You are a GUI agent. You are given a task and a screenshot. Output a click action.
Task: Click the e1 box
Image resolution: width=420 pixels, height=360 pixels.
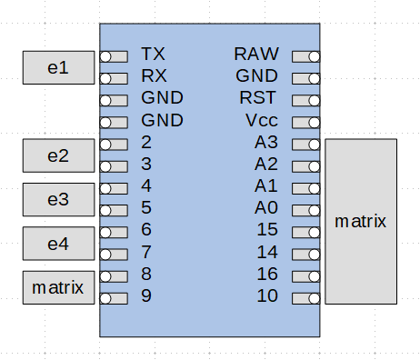57,67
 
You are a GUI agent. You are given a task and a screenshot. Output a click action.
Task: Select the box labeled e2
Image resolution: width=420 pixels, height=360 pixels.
57,155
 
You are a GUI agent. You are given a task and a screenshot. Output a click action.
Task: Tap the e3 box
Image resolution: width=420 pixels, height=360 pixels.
57,199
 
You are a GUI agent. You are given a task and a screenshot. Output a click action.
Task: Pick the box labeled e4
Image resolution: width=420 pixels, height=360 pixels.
57,243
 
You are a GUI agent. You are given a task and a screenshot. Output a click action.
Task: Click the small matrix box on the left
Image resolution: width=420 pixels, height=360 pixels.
57,287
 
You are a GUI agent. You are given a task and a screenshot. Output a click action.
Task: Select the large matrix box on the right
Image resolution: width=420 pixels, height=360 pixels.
361,221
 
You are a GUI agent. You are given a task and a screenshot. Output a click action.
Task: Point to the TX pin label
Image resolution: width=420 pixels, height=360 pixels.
154,55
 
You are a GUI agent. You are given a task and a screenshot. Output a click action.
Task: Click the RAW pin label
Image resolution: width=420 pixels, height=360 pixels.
256,55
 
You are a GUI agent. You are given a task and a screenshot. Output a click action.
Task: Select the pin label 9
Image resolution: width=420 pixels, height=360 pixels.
146,295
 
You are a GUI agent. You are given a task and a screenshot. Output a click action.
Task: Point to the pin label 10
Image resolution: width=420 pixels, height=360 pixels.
266,295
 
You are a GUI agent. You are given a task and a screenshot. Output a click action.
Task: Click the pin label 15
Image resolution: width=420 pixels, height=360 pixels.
266,230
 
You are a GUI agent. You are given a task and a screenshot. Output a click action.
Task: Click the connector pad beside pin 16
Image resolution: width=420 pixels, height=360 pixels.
306,275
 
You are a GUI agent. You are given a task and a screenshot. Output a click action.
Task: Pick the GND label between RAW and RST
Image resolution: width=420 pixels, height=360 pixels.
256,76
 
